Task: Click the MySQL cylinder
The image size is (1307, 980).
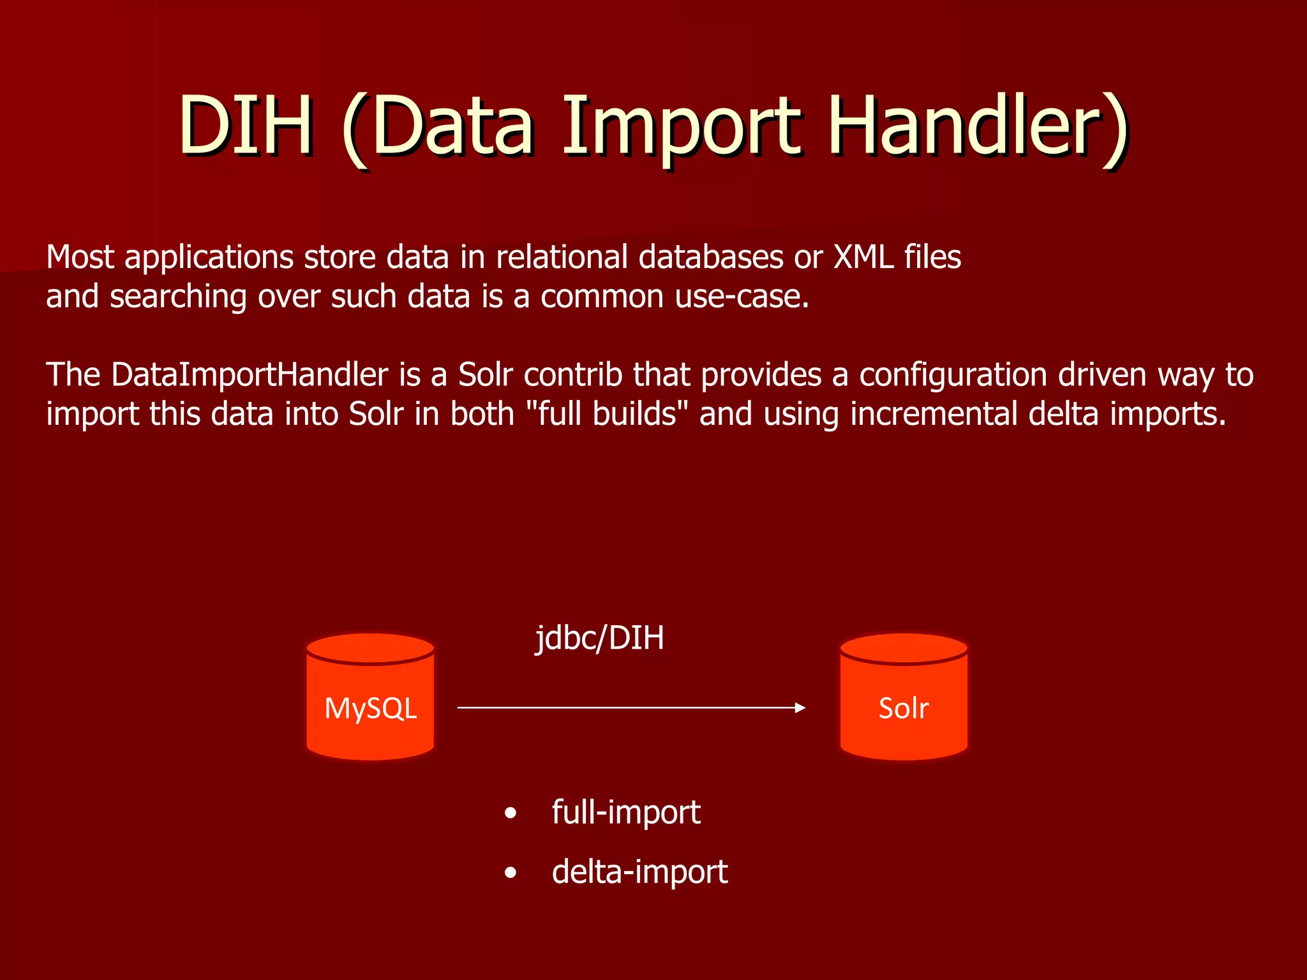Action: [x=370, y=697]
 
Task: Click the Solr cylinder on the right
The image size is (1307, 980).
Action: [x=904, y=697]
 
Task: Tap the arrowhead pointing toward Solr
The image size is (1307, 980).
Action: [x=800, y=708]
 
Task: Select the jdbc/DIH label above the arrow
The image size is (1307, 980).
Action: [x=599, y=639]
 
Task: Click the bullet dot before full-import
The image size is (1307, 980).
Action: [x=510, y=813]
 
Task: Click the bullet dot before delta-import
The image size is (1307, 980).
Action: [x=510, y=873]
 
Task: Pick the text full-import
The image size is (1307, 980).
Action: [x=625, y=812]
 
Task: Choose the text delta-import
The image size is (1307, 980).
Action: [x=639, y=872]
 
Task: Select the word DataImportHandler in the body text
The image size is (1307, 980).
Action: [x=250, y=375]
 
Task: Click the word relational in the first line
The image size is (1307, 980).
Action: [x=562, y=257]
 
